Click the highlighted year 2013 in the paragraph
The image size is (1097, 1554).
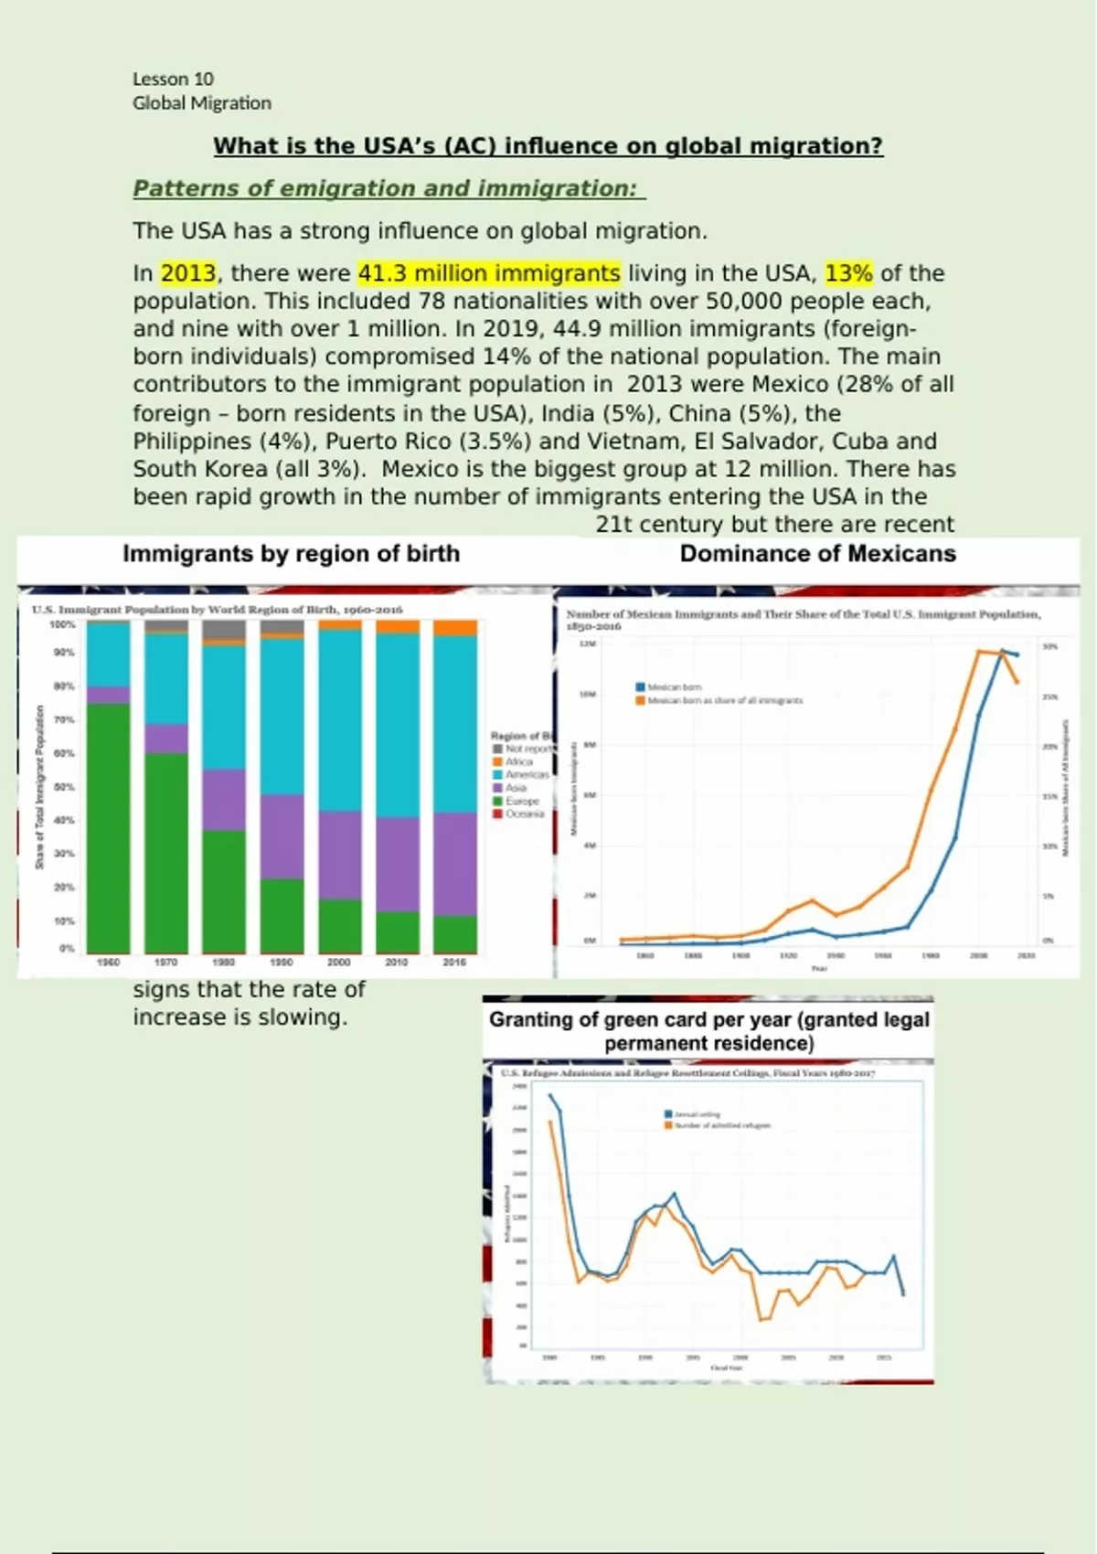coord(188,273)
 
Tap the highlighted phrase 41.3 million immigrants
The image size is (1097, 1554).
coord(489,273)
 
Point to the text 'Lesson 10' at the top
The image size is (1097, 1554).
coord(173,79)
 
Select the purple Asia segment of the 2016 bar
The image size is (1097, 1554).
coord(454,864)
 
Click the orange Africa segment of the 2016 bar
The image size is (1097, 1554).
coord(454,627)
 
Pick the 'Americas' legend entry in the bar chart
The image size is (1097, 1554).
coord(527,774)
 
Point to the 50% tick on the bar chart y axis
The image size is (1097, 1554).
coord(63,787)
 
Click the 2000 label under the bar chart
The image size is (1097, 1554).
coord(339,962)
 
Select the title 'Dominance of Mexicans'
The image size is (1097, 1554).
coord(817,554)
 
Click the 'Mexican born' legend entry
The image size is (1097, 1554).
coord(674,687)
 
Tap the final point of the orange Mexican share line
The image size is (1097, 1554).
coord(1017,682)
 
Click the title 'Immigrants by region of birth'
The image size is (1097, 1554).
coord(291,554)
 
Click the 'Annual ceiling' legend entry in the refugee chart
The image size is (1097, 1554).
coord(697,1114)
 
